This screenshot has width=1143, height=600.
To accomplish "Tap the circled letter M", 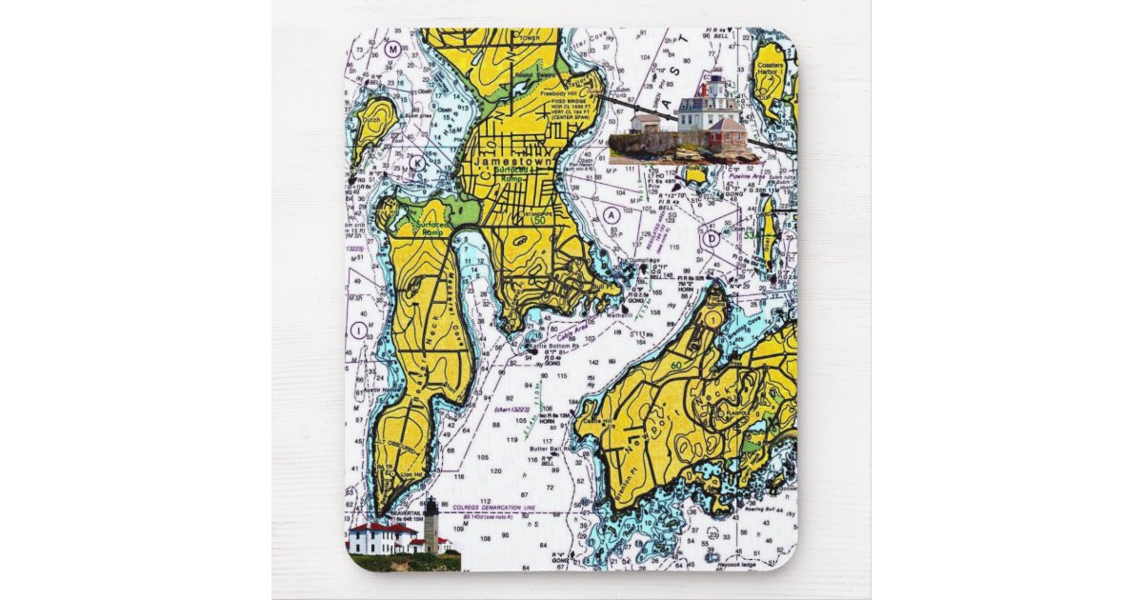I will point(392,48).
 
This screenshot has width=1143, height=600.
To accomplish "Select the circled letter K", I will point(417,162).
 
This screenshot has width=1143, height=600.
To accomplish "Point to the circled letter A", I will point(612,215).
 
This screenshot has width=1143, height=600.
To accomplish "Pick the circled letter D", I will point(711,237).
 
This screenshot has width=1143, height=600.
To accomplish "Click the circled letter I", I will point(358,330).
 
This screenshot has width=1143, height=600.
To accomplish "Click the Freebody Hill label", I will point(534,93).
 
